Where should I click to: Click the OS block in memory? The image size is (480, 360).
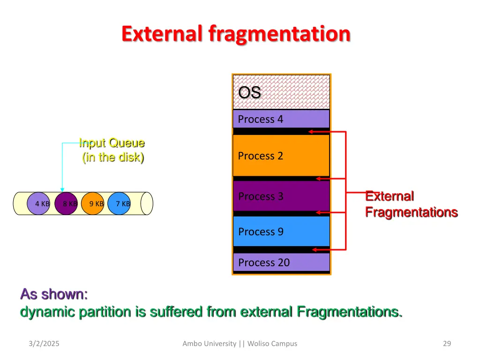point(281,92)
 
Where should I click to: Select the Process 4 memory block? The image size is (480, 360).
point(281,119)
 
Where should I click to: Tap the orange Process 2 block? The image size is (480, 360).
point(281,156)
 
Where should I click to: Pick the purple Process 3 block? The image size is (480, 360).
point(281,196)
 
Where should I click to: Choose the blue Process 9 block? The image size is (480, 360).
point(281,232)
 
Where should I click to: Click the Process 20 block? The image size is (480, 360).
point(281,262)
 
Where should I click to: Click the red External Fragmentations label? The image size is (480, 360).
point(411,204)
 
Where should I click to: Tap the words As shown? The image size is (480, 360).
point(54,294)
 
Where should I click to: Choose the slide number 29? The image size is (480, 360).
point(447,344)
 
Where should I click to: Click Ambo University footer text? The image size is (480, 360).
point(210,344)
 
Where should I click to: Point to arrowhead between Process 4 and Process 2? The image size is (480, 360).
point(310,132)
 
